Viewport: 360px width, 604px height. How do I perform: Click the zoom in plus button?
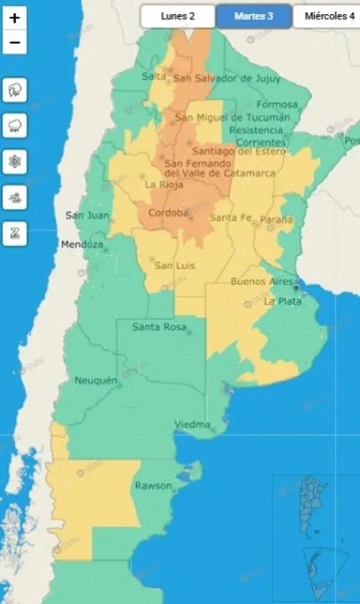pyautogui.click(x=15, y=17)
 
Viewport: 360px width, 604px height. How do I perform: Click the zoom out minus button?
pyautogui.click(x=15, y=42)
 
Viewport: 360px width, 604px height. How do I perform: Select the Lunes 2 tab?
pyautogui.click(x=178, y=16)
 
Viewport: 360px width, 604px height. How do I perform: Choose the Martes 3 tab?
pyautogui.click(x=253, y=16)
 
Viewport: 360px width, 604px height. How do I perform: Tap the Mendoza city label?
pyautogui.click(x=82, y=244)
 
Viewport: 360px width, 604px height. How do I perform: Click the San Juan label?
pyautogui.click(x=87, y=215)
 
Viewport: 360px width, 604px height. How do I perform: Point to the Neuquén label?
pyautogui.click(x=96, y=381)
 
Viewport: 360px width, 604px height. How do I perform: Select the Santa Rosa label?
pyautogui.click(x=159, y=328)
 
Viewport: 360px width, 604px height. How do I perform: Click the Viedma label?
pyautogui.click(x=193, y=425)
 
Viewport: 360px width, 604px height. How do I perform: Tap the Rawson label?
pyautogui.click(x=152, y=486)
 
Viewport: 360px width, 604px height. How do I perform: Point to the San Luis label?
pyautogui.click(x=174, y=265)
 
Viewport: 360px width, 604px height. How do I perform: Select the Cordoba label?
pyautogui.click(x=170, y=213)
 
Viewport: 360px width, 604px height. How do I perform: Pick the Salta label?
pyautogui.click(x=155, y=76)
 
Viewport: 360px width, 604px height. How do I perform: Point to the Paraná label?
pyautogui.click(x=276, y=218)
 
